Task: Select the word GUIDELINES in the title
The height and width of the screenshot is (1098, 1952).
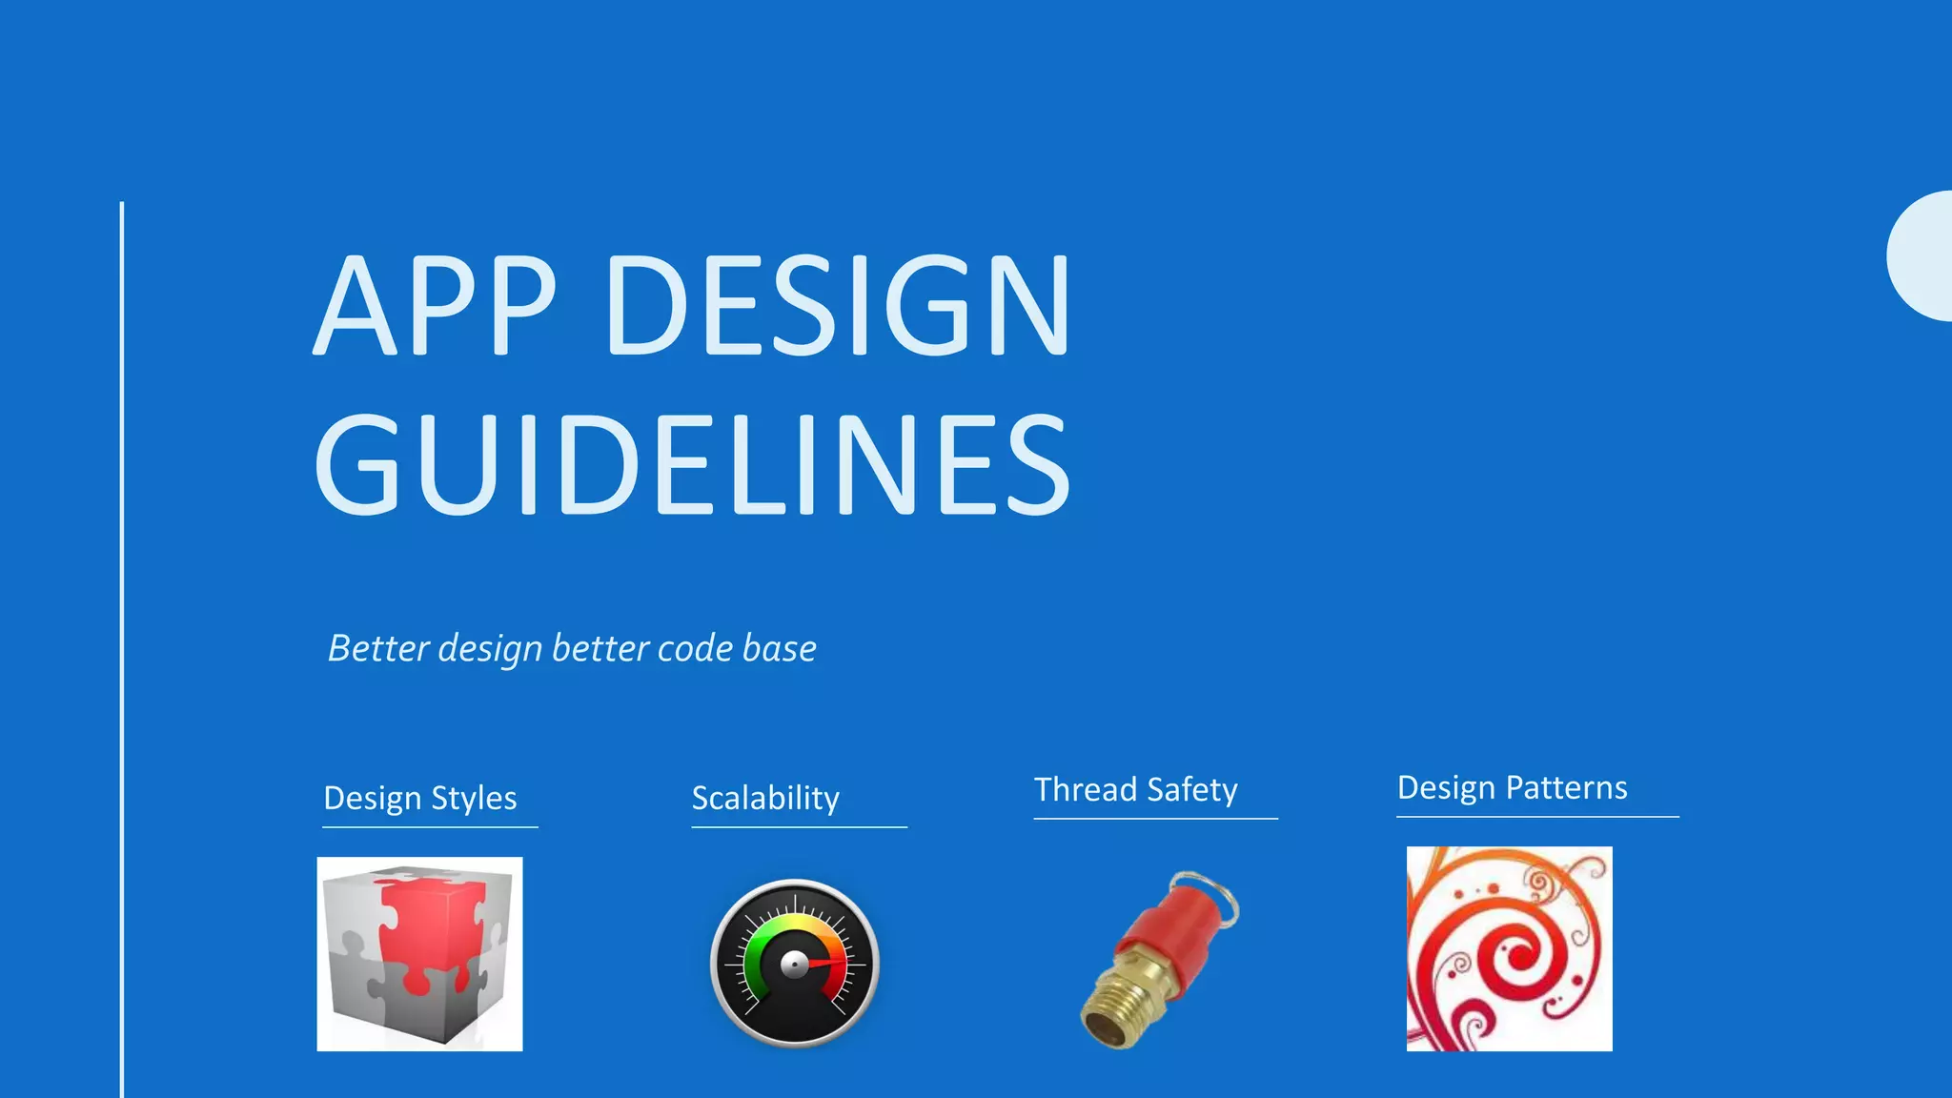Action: [x=693, y=464]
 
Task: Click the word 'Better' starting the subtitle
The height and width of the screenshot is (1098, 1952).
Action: [x=378, y=648]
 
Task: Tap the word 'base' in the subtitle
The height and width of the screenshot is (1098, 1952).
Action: [x=779, y=648]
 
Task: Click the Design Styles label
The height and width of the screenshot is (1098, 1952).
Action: [x=420, y=798]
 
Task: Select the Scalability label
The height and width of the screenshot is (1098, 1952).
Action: [x=765, y=798]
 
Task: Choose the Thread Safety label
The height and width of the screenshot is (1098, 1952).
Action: [x=1136, y=789]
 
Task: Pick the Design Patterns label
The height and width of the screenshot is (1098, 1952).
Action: [x=1513, y=787]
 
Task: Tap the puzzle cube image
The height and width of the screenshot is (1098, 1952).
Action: [x=419, y=954]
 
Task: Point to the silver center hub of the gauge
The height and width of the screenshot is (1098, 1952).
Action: [x=794, y=966]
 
